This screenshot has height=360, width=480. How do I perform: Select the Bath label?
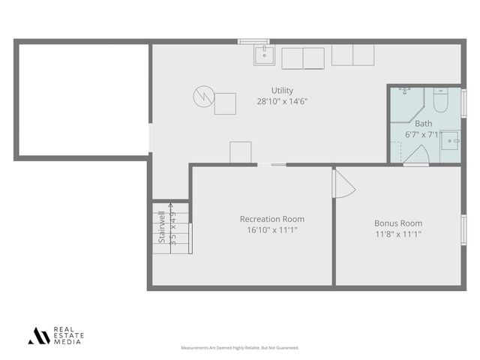(x=424, y=124)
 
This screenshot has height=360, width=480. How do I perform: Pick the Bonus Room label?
(x=398, y=223)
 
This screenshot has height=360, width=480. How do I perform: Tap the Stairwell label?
(x=161, y=228)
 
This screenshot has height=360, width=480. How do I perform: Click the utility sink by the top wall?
(x=263, y=55)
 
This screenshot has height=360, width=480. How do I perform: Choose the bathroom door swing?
(x=417, y=154)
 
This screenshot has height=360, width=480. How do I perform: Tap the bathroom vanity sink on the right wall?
(x=451, y=139)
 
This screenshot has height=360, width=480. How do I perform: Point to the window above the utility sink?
(x=253, y=41)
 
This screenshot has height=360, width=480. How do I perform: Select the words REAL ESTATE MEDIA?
(x=68, y=335)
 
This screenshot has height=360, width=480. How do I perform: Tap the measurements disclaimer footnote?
(x=240, y=348)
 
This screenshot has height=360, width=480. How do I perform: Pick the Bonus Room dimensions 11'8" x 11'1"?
(x=398, y=233)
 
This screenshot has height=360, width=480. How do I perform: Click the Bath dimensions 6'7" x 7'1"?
(x=422, y=134)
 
